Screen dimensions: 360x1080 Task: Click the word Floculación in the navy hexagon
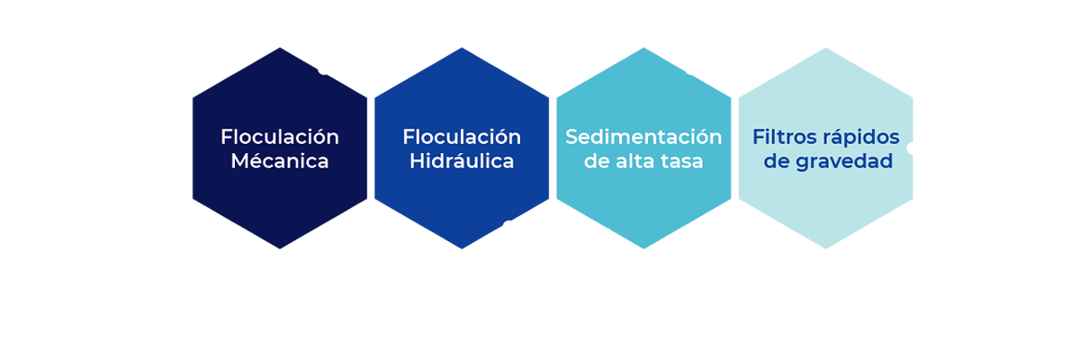tap(279, 137)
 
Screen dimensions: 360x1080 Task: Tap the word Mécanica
tap(279, 162)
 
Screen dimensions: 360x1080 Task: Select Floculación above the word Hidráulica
tap(462, 137)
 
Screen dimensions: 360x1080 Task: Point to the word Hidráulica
tap(462, 162)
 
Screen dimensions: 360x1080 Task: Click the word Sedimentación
tap(643, 137)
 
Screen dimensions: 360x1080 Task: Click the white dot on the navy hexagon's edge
tap(324, 69)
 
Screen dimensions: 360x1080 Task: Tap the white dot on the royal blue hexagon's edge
tap(508, 225)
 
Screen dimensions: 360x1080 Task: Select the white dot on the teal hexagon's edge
tap(690, 71)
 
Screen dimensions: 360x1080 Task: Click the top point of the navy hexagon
tap(280, 48)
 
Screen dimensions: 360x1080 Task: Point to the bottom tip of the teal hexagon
tap(643, 249)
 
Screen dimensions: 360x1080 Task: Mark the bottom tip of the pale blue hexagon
tap(826, 249)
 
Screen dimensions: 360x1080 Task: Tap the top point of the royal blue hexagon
tap(462, 48)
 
